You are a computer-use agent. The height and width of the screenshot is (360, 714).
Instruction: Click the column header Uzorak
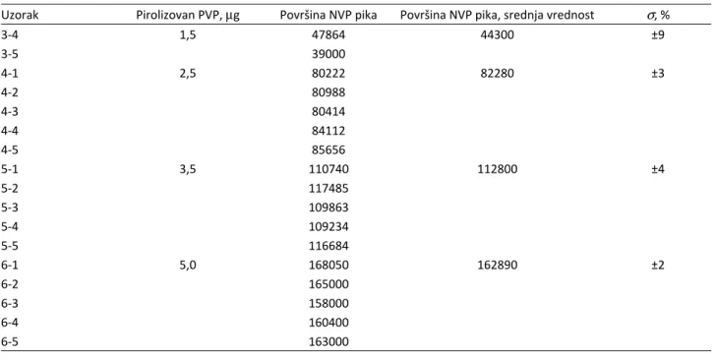point(19,16)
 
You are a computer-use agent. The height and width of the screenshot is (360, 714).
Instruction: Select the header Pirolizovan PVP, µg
point(188,16)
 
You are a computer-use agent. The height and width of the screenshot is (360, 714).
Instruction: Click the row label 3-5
point(10,54)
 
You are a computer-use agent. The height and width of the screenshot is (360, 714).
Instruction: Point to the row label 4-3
point(10,112)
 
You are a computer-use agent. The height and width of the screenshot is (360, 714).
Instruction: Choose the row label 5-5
point(10,246)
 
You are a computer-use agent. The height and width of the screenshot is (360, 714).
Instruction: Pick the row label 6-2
point(10,284)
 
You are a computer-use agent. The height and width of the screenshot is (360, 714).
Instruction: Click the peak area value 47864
point(328,35)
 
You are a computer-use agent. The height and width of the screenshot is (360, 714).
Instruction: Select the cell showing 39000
point(328,54)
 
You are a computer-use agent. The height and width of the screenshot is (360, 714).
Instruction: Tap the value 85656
point(328,150)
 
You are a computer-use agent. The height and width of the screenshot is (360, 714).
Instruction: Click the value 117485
point(328,188)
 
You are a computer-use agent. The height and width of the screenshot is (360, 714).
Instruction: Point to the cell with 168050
point(328,266)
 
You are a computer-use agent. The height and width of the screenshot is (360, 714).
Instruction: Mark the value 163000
point(328,341)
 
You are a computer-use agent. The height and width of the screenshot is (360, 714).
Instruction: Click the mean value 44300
point(497,35)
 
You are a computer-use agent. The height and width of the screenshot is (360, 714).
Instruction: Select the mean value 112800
point(497,169)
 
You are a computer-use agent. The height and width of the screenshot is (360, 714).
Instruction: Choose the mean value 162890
point(497,266)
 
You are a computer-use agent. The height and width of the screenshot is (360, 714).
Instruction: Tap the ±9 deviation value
point(658,35)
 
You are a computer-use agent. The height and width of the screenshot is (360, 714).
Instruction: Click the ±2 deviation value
point(658,266)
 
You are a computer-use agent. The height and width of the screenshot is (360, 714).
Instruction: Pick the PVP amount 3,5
point(188,169)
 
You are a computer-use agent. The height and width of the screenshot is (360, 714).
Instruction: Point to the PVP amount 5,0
point(188,266)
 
